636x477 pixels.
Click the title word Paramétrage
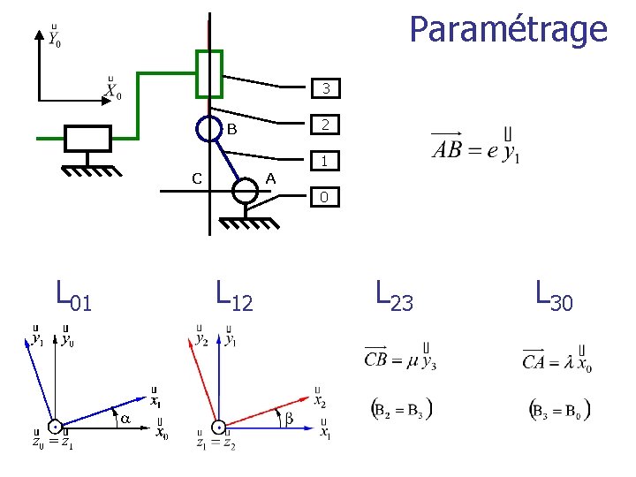(x=508, y=29)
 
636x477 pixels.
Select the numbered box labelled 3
(x=326, y=88)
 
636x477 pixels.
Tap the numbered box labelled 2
(x=326, y=125)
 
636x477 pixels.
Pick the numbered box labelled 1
(x=326, y=162)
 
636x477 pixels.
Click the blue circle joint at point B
(x=208, y=129)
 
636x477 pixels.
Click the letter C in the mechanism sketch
(x=199, y=178)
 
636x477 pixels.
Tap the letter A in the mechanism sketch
(x=271, y=178)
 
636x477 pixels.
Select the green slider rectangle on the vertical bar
(x=209, y=73)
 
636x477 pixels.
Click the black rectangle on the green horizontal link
(x=87, y=139)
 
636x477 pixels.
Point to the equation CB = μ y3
(x=400, y=356)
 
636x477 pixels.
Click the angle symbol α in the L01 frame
(x=125, y=419)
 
